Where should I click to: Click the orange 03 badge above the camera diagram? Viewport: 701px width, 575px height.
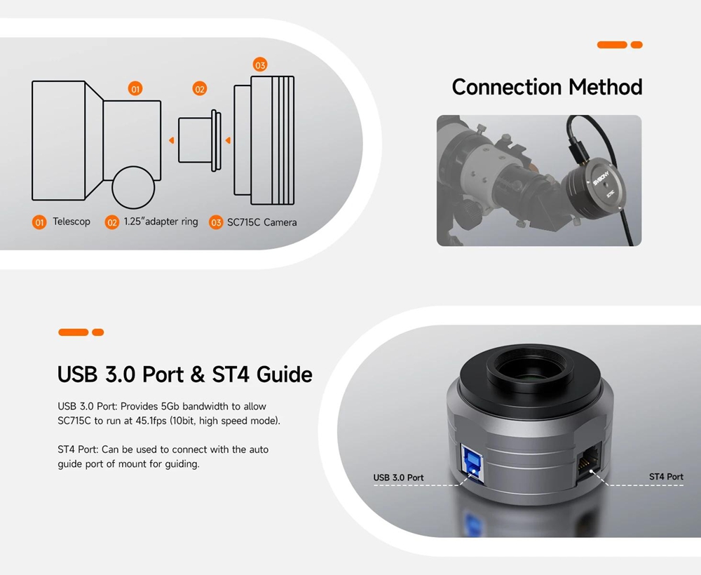coord(260,65)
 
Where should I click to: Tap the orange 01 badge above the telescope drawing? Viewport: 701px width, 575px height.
coord(135,88)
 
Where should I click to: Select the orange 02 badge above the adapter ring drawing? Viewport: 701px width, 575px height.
coord(199,88)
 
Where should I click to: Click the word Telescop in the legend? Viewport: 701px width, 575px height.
coord(72,222)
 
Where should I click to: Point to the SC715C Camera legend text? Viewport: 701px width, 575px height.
coord(262,222)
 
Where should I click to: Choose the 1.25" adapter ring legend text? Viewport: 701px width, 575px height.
coord(161,222)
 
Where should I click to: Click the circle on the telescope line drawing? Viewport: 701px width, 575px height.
coord(133,188)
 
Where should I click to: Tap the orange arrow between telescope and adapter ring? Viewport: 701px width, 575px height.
coord(171,140)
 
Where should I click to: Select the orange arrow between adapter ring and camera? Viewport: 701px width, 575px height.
coord(228,140)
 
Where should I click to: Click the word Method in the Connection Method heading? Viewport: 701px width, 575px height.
coord(606,87)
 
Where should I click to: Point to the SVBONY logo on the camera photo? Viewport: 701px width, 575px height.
coord(601,178)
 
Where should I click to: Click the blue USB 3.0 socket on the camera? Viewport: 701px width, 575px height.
coord(472,464)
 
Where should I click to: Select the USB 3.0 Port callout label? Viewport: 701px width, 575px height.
coord(398,478)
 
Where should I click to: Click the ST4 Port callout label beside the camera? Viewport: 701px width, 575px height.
coord(666,477)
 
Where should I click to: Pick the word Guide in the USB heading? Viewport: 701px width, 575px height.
coord(285,374)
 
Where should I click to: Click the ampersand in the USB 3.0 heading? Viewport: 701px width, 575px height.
coord(198,374)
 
